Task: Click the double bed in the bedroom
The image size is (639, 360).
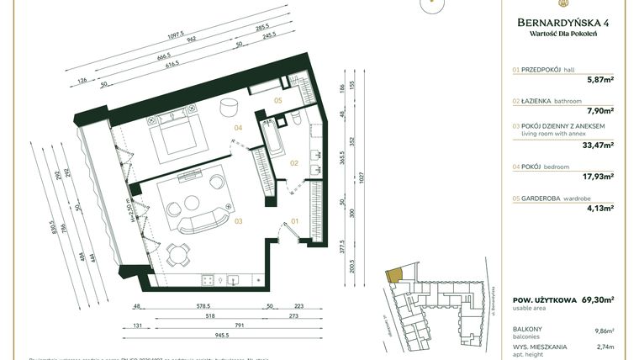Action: click(177, 135)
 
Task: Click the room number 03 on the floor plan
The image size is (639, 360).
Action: click(238, 221)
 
